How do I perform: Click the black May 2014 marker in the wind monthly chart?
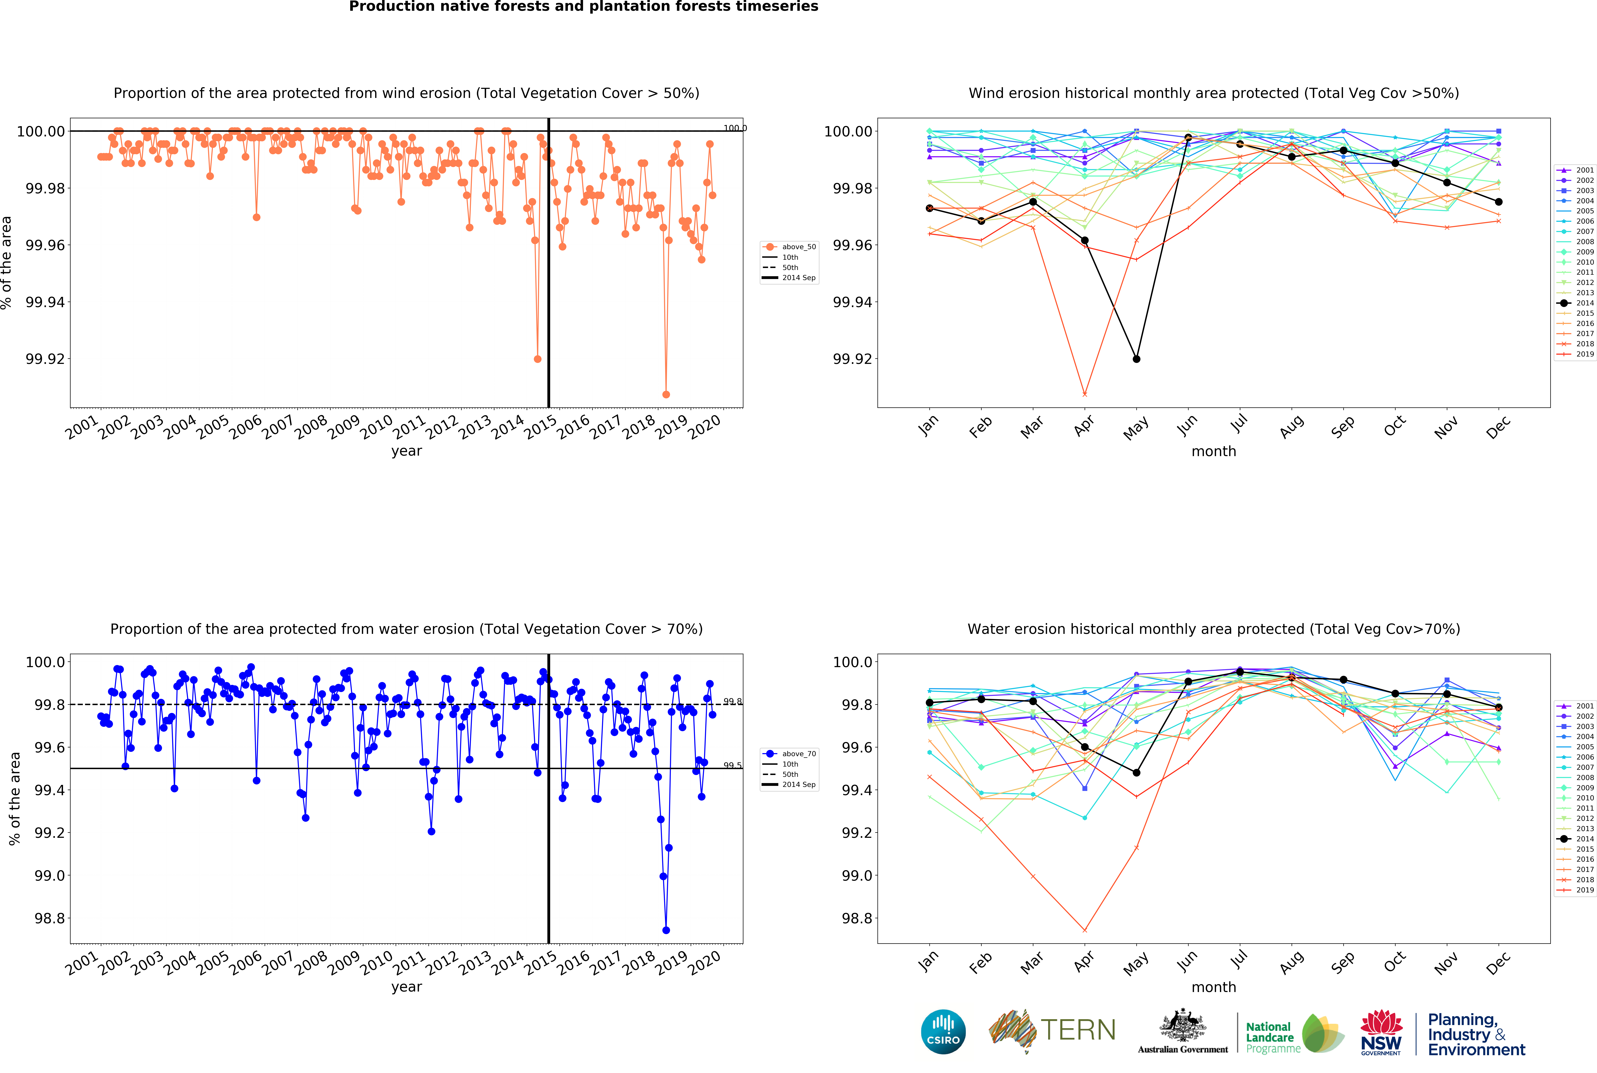point(1137,359)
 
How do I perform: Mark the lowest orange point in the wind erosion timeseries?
point(666,394)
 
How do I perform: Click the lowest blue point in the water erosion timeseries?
point(666,930)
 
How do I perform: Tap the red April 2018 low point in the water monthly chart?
point(1084,930)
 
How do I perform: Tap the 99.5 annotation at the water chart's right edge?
point(732,765)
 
